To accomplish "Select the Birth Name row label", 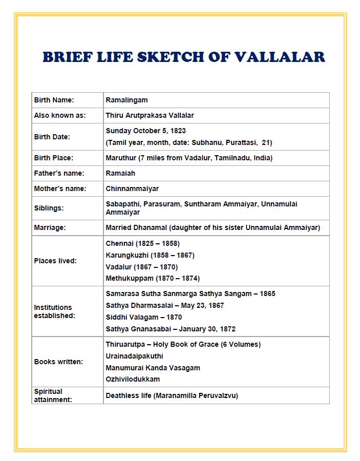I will pyautogui.click(x=54, y=100).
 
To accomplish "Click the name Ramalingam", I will pyautogui.click(x=126, y=100).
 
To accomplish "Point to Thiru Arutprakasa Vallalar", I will pyautogui.click(x=150, y=115).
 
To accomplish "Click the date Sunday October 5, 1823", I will pyautogui.click(x=145, y=131).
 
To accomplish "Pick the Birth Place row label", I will pyautogui.click(x=53, y=158).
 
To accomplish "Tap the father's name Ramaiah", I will pyautogui.click(x=120, y=173).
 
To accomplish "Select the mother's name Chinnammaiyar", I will pyautogui.click(x=132, y=188).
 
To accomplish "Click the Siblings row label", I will pyautogui.click(x=49, y=208).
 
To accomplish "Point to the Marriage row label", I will pyautogui.click(x=50, y=227).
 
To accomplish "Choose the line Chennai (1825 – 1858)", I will pyautogui.click(x=142, y=243).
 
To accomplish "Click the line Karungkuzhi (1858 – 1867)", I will pyautogui.click(x=150, y=255).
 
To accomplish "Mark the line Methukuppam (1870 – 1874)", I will pyautogui.click(x=153, y=278).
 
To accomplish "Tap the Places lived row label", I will pyautogui.click(x=55, y=261).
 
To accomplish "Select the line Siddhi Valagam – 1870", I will pyautogui.click(x=143, y=317).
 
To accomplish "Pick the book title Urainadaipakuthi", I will pyautogui.click(x=134, y=356).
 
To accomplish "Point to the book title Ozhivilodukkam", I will pyautogui.click(x=133, y=379).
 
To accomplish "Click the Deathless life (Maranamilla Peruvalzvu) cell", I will pyautogui.click(x=172, y=395).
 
